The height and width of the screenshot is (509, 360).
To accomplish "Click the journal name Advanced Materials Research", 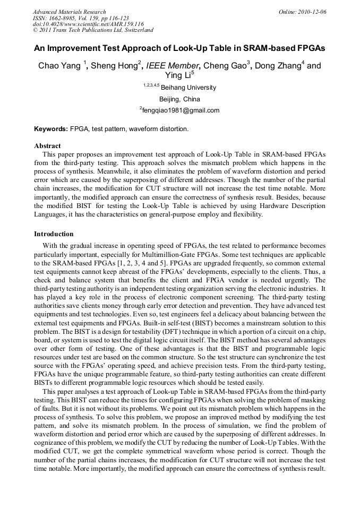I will pyautogui.click(x=70, y=12).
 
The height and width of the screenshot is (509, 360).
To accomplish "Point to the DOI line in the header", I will pyautogui.click(x=88, y=24).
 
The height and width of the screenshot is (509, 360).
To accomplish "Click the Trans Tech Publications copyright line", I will pyautogui.click(x=93, y=30).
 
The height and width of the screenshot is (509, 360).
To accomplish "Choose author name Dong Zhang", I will pyautogui.click(x=277, y=66).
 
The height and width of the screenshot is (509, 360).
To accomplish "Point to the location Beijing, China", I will pyautogui.click(x=179, y=99).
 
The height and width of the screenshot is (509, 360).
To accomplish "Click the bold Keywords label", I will pyautogui.click(x=51, y=129).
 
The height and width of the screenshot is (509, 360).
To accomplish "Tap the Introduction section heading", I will pyautogui.click(x=54, y=234).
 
